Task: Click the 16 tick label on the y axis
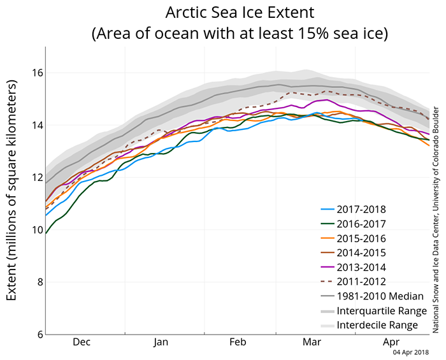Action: pyautogui.click(x=37, y=73)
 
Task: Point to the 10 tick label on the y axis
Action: pyautogui.click(x=37, y=229)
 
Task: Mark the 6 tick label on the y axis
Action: pyautogui.click(x=40, y=334)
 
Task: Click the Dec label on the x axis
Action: pyautogui.click(x=82, y=342)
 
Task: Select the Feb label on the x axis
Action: pyautogui.click(x=237, y=342)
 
